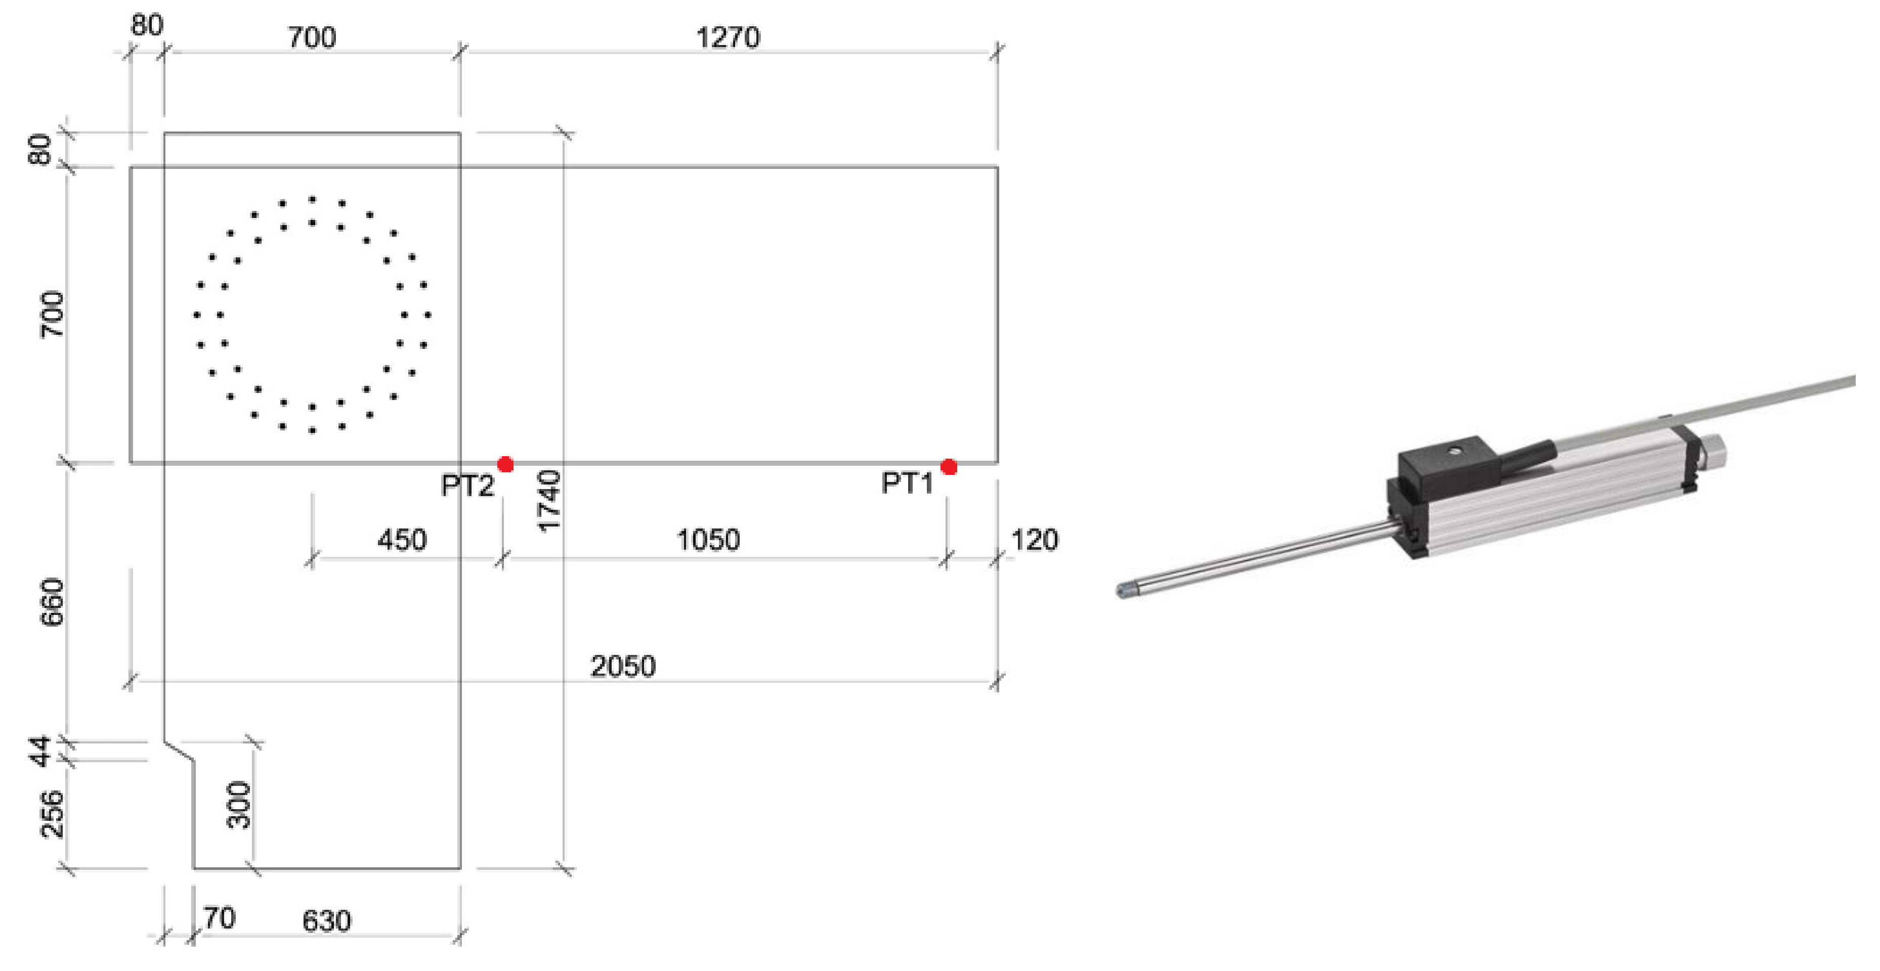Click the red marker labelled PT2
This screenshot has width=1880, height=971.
(x=505, y=464)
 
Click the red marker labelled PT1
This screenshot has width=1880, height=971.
(x=949, y=467)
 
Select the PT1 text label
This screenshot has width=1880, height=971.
(x=907, y=483)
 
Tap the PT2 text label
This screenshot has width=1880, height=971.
(x=467, y=485)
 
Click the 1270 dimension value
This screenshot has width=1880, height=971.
(x=728, y=37)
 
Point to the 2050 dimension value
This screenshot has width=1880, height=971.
(x=622, y=666)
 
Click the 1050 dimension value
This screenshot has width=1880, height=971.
(x=708, y=540)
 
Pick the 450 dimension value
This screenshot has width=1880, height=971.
(x=401, y=540)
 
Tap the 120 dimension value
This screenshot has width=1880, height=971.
(x=1034, y=540)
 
